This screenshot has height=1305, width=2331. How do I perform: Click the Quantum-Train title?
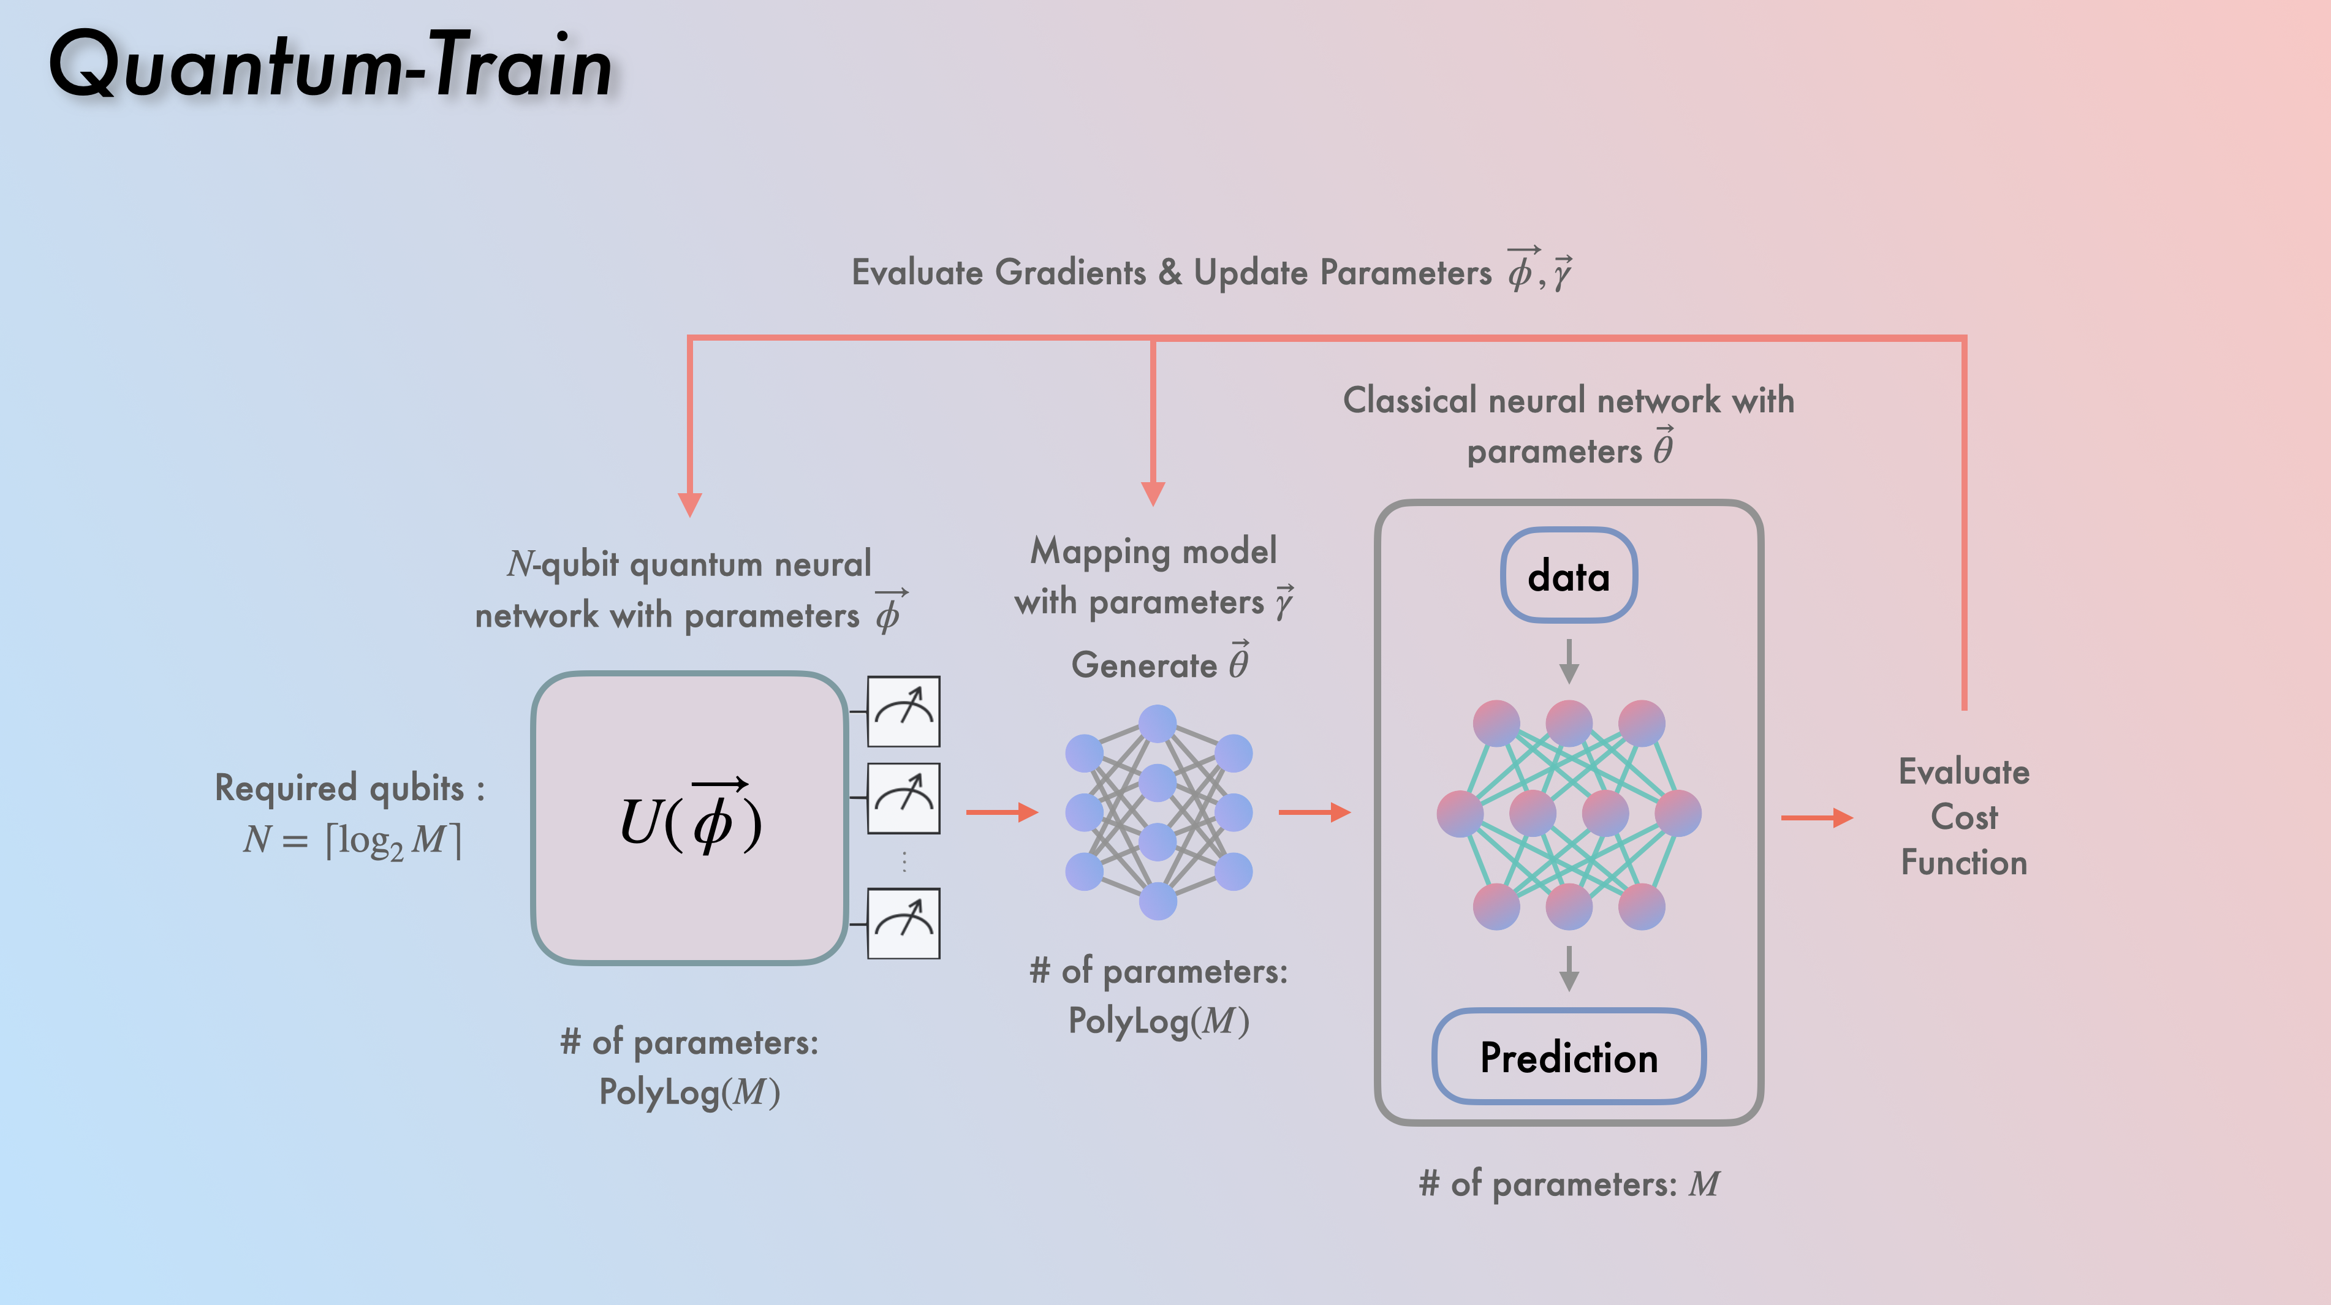click(330, 65)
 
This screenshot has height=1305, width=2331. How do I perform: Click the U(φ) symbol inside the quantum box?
click(691, 819)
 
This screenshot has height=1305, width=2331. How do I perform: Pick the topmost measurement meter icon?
click(903, 711)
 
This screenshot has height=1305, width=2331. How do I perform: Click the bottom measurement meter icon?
click(903, 923)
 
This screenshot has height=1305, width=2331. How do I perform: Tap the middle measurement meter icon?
click(903, 798)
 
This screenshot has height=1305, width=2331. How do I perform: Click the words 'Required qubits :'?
click(349, 787)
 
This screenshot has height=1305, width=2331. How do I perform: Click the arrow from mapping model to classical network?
click(1314, 812)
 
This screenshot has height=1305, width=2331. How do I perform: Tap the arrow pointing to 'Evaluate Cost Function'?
click(1816, 818)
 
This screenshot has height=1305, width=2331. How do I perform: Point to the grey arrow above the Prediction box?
click(1569, 969)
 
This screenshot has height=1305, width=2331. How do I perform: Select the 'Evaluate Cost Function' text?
click(1963, 817)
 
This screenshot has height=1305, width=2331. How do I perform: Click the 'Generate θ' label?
click(1160, 664)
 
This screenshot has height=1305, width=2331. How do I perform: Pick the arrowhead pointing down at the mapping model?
click(1153, 493)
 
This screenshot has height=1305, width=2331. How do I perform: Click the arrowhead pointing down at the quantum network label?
click(689, 504)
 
